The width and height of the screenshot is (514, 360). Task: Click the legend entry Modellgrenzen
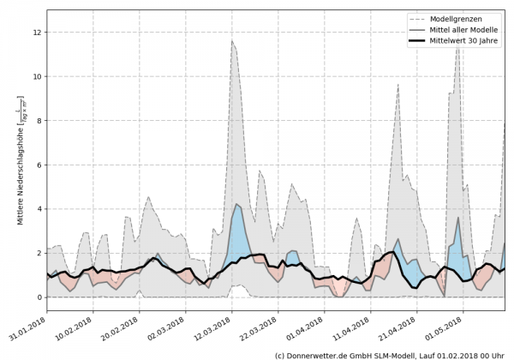[460, 18]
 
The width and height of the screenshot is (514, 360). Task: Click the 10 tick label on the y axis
[36, 76]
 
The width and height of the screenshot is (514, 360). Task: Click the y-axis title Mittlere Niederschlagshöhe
[19, 161]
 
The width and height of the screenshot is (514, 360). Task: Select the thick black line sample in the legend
[415, 40]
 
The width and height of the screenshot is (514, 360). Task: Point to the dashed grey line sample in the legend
[415, 18]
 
